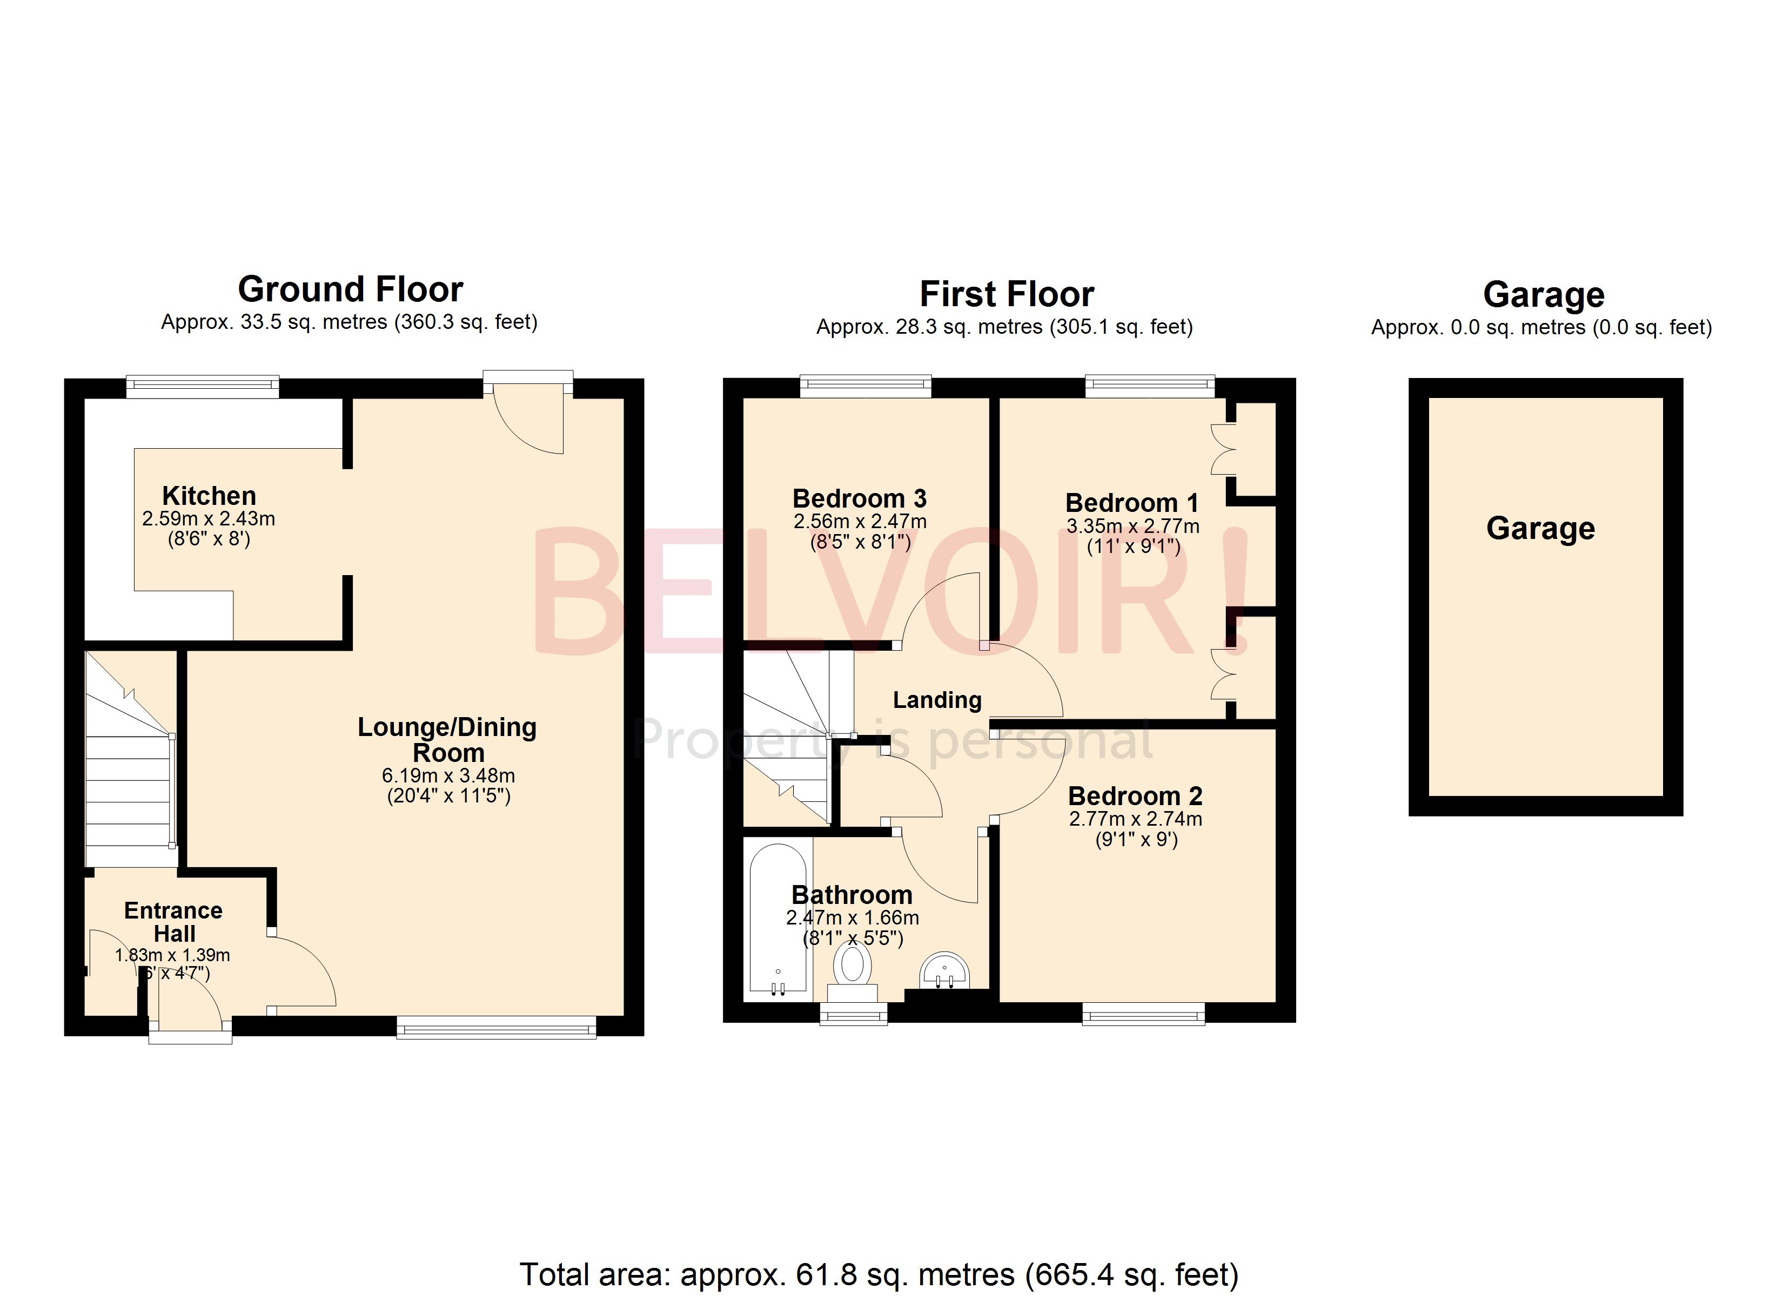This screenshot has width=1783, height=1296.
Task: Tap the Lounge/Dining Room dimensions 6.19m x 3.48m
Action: click(448, 776)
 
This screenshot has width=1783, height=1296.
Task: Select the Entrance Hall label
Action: click(174, 922)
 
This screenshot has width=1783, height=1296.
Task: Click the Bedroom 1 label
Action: click(1131, 503)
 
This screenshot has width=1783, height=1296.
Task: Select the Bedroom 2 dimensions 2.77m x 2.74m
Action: click(1135, 819)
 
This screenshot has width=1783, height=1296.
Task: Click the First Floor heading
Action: click(1006, 295)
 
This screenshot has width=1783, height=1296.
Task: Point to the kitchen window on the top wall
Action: click(203, 385)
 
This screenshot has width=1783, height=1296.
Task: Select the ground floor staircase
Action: click(130, 758)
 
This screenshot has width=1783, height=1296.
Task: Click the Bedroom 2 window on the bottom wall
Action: click(1143, 1015)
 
